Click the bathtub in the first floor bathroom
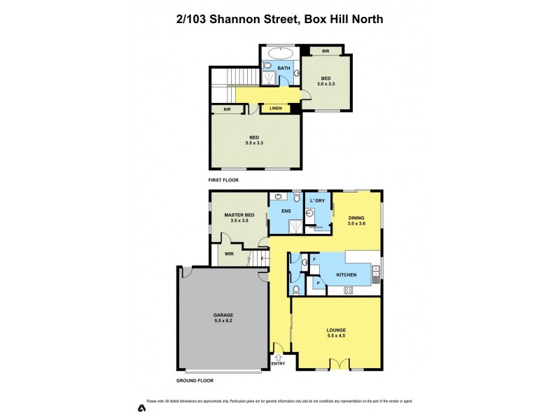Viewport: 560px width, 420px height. point(281,52)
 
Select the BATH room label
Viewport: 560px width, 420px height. point(283,68)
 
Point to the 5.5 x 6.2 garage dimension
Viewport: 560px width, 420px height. point(223,321)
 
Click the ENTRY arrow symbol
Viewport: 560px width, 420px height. point(278,357)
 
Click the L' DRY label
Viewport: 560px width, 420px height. point(318,202)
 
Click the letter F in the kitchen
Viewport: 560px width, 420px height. point(314,260)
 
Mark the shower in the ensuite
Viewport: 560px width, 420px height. point(296,225)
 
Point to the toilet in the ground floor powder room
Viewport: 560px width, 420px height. point(297,288)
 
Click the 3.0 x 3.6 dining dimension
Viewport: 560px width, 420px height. point(357,223)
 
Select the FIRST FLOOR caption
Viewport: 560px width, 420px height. point(224,180)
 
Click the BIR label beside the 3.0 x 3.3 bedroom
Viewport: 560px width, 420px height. point(325,51)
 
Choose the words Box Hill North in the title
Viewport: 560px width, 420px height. point(342,19)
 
